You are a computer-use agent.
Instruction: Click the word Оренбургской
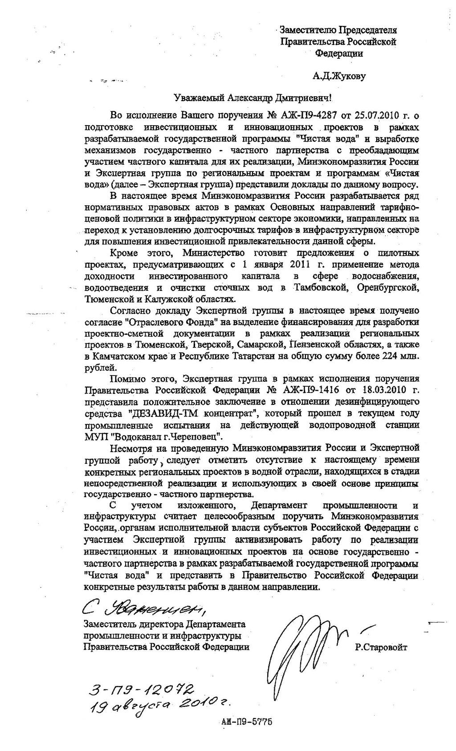tap(387, 288)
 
